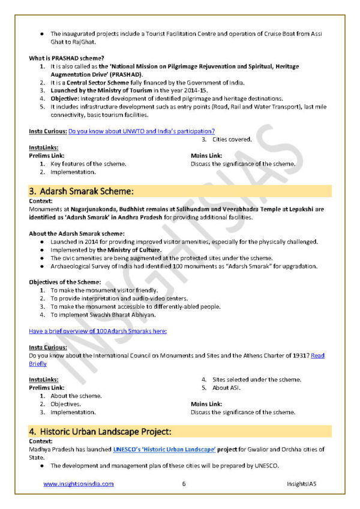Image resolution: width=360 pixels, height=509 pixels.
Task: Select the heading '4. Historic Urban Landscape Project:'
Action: coord(100,431)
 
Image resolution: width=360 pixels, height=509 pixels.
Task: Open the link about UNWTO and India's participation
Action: coord(142,131)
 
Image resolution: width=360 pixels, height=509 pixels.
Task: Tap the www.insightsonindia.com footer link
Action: coord(78,484)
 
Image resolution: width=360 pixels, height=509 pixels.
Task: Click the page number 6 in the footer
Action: coord(184,484)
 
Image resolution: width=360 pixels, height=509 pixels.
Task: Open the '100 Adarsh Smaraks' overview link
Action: coord(98,330)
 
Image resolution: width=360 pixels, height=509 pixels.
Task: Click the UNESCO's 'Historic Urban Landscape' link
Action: coord(164,449)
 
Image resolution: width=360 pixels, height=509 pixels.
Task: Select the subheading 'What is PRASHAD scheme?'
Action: coord(63,58)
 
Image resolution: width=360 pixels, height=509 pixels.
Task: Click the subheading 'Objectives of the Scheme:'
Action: coord(65,282)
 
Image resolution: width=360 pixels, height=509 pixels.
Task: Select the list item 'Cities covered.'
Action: coord(232,139)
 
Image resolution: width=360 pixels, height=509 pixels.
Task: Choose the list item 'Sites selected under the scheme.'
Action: coord(256,379)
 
